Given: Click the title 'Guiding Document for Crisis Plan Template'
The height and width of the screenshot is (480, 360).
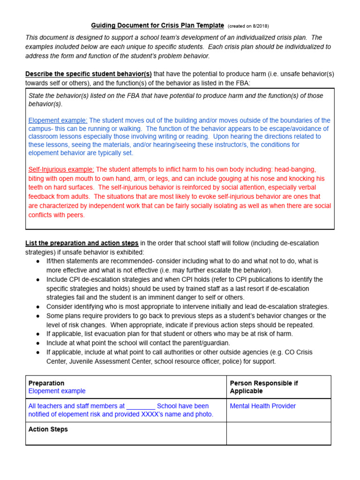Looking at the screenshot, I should tap(157, 25).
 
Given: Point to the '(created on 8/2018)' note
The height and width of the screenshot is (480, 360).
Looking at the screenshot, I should tap(248, 26).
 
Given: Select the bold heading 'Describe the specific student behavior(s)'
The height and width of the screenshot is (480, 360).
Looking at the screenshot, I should tap(89, 74).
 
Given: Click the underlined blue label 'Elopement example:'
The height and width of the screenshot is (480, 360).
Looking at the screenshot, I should tap(58, 120).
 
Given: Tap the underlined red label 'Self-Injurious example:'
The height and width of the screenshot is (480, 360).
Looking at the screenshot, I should tap(61, 169).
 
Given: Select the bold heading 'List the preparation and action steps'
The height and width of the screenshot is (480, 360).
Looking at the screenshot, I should tap(82, 243).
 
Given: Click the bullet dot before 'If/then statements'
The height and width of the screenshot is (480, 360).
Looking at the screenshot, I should tap(37, 261).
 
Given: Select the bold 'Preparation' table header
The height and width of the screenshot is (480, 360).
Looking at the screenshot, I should tap(46, 383).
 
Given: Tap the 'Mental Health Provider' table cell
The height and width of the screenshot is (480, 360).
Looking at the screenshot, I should tap(262, 406).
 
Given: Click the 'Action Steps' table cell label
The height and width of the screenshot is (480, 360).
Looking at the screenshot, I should tap(48, 429).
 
